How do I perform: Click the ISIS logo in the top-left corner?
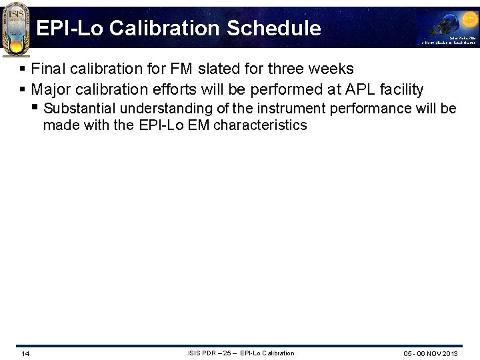(15, 28)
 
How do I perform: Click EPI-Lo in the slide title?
(70, 28)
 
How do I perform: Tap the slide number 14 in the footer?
(25, 353)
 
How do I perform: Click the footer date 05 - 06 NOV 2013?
(431, 353)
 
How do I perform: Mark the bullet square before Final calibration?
(23, 69)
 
